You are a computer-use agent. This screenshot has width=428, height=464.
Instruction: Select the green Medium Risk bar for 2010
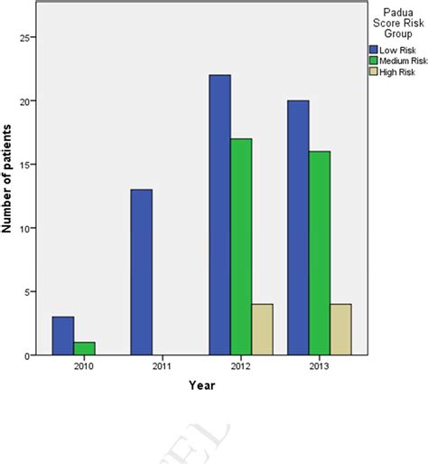pyautogui.click(x=84, y=348)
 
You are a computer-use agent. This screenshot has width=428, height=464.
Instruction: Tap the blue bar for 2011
pyautogui.click(x=141, y=272)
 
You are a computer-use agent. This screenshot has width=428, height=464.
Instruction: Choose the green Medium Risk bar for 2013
pyautogui.click(x=320, y=253)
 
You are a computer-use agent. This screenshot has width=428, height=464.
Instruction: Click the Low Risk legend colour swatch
pyautogui.click(x=372, y=49)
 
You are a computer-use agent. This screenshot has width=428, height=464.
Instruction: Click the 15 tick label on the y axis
pyautogui.click(x=26, y=165)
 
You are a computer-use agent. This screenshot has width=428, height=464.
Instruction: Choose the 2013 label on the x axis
pyautogui.click(x=320, y=367)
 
